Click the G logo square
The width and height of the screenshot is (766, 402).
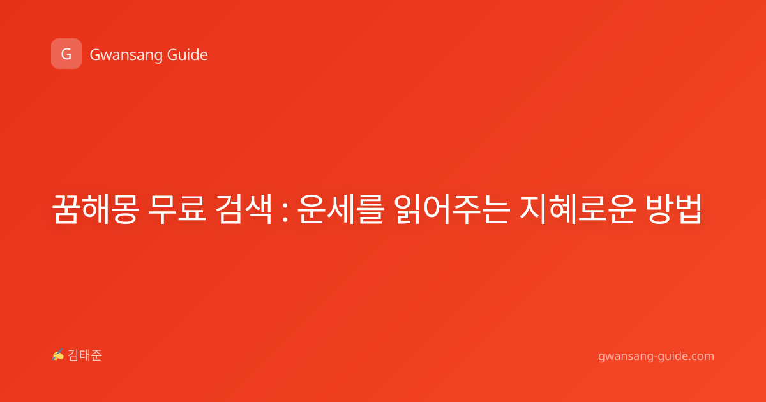point(66,54)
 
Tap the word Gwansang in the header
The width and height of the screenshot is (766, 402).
point(126,56)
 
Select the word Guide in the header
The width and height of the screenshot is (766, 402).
point(188,55)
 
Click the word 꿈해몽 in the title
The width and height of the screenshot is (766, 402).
point(96,209)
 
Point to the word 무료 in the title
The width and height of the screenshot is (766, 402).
point(177,209)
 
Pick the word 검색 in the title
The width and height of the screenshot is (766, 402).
point(244,209)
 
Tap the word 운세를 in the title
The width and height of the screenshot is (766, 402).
point(341,209)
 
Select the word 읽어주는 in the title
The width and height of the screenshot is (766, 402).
point(452,209)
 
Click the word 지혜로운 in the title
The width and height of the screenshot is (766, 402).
point(578,209)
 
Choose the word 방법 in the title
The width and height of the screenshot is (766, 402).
point(673,209)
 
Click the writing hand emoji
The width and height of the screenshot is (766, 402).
point(58,355)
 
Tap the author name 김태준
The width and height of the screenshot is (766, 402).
point(85,355)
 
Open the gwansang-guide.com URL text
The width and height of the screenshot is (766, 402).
point(656,357)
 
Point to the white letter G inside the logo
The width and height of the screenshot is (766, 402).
point(66,54)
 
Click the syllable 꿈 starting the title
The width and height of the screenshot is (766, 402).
point(66,209)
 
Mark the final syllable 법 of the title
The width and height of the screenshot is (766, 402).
point(687,209)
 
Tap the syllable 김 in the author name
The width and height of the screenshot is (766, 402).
point(73,355)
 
